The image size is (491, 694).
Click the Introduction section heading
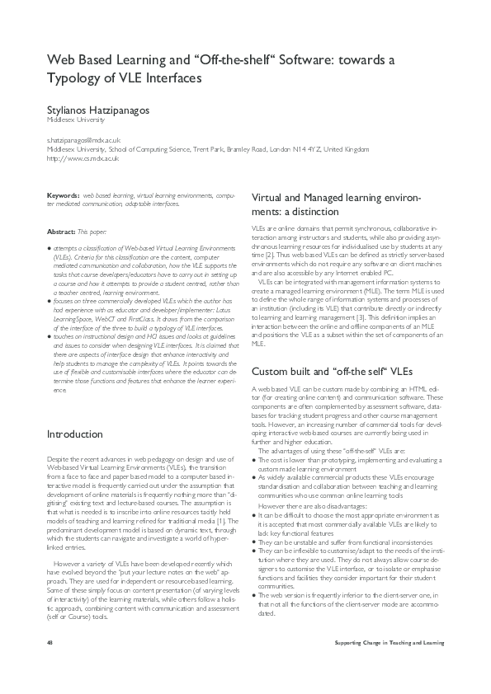pyautogui.click(x=75, y=434)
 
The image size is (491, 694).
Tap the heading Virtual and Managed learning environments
pyautogui.click(x=335, y=204)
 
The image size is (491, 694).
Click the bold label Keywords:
pyautogui.click(x=63, y=195)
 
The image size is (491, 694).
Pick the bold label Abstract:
pyautogui.click(x=61, y=232)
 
